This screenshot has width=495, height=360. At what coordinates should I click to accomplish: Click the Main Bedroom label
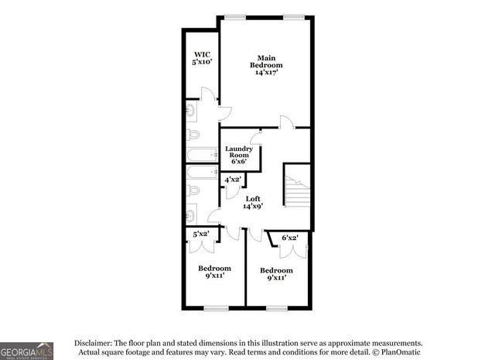pos(266,66)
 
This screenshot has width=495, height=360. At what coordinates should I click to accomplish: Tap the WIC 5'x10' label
pos(203,57)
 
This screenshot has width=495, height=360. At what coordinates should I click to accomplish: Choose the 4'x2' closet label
pos(233,180)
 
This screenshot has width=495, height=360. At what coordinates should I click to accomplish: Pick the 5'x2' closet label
pos(201,233)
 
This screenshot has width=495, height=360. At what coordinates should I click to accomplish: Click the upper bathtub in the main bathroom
pos(203,155)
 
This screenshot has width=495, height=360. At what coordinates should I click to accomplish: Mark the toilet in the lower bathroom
pos(193,190)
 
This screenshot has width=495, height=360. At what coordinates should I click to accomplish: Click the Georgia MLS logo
pos(27,350)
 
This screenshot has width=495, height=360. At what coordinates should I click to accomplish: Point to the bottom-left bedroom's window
pos(216,308)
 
